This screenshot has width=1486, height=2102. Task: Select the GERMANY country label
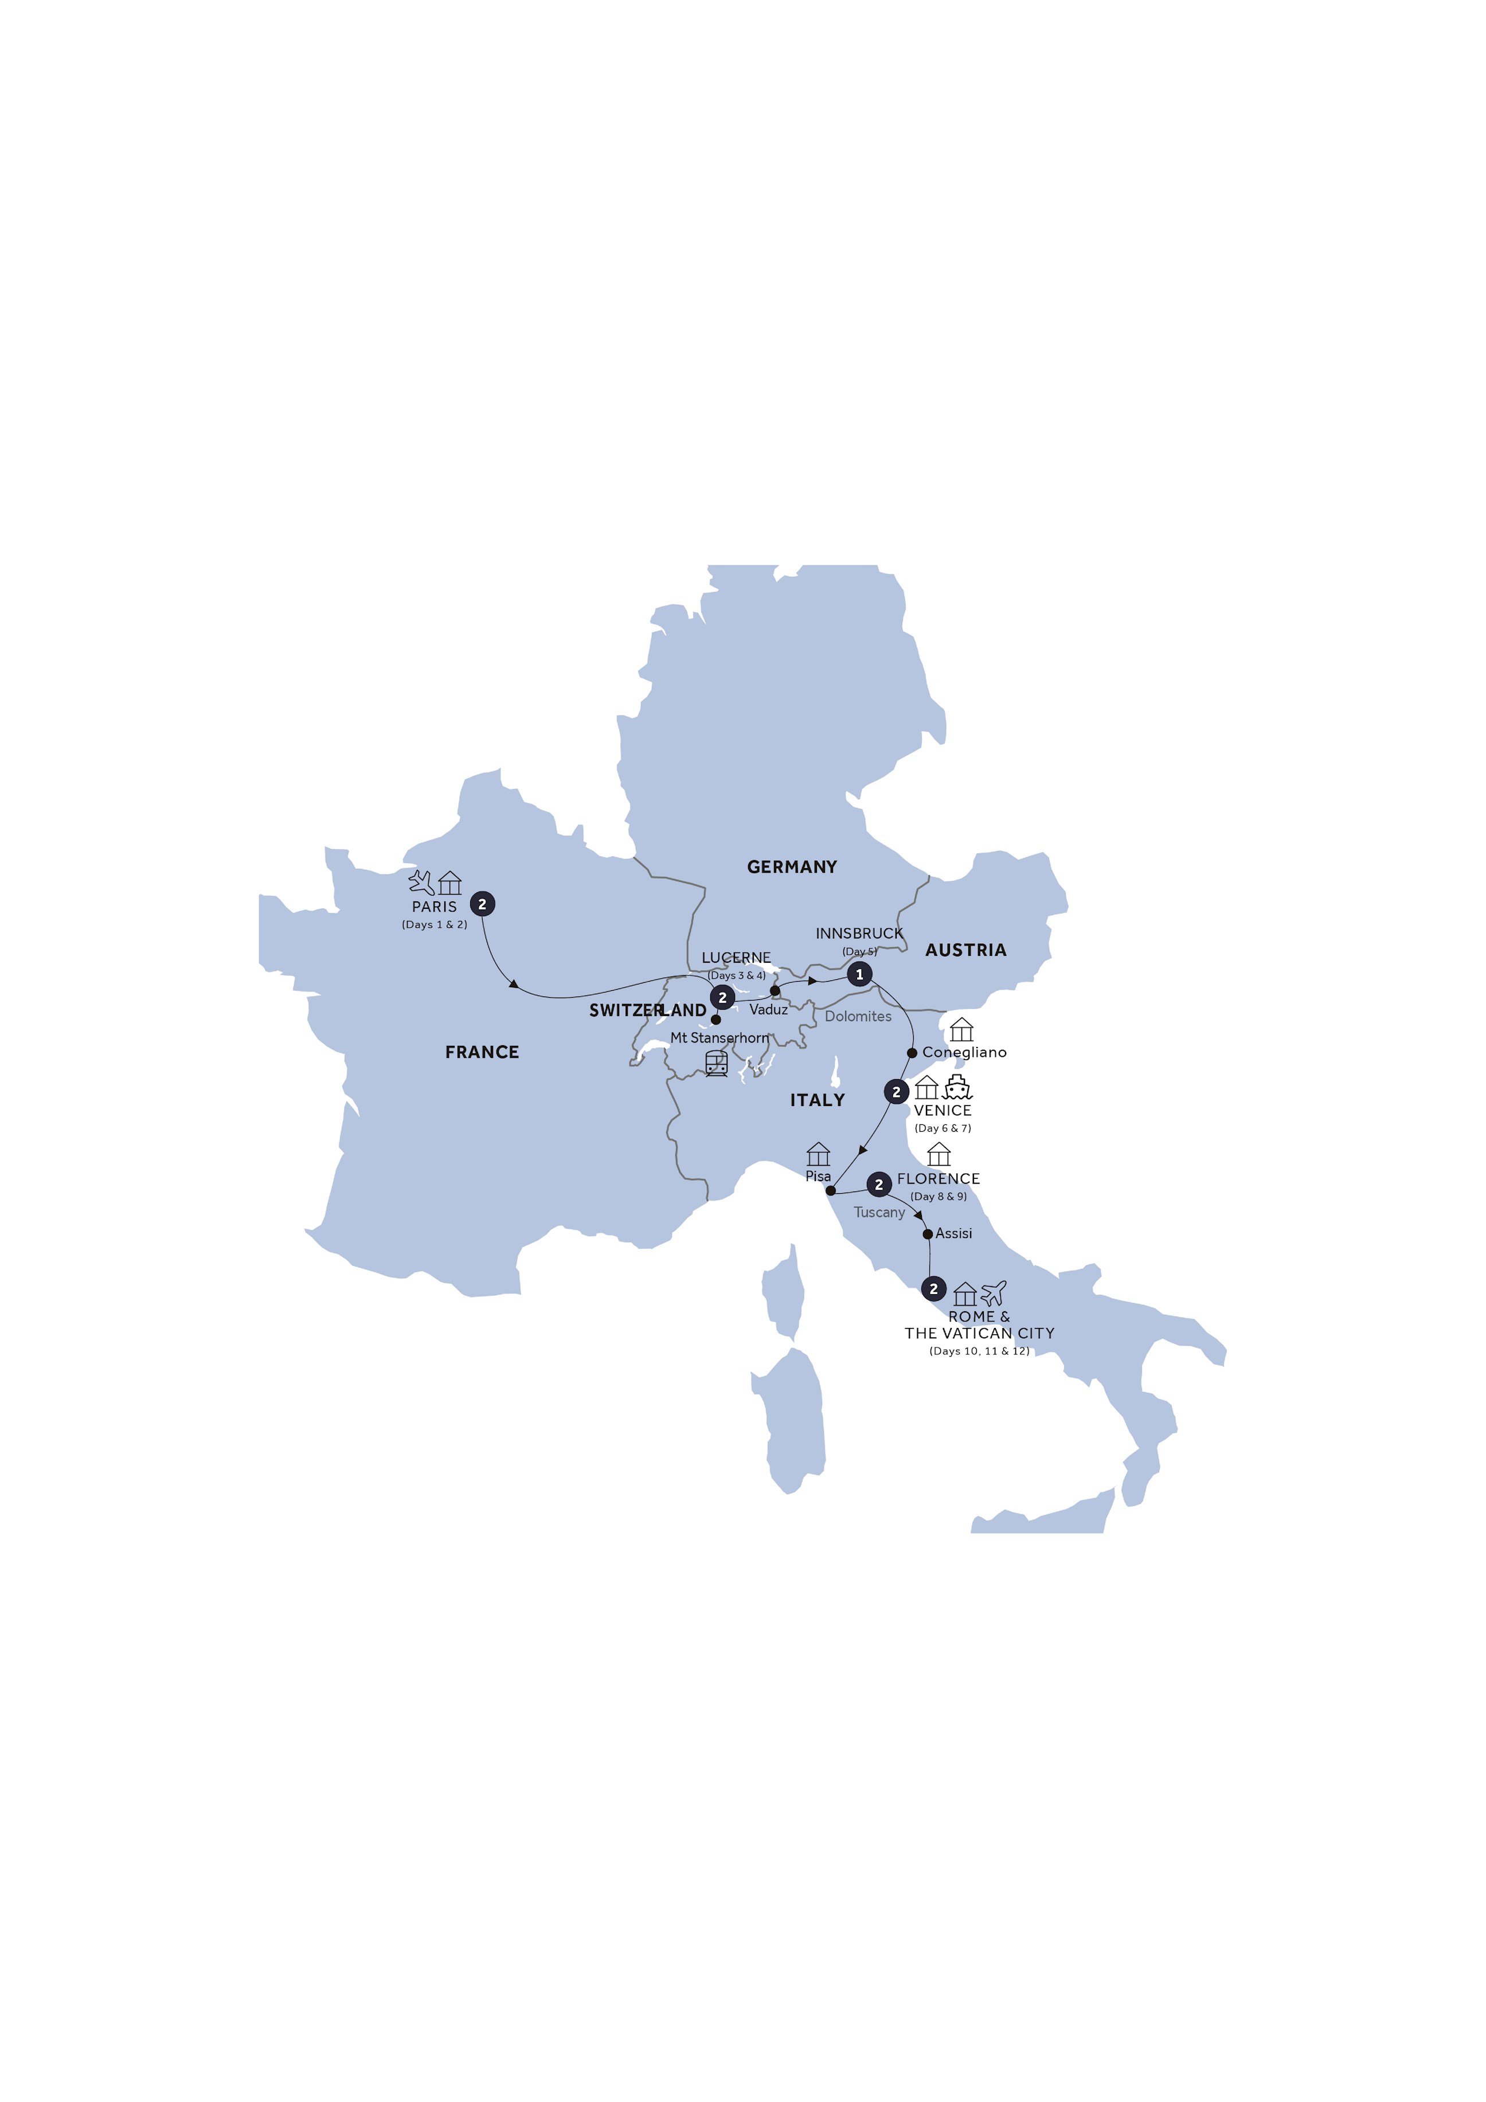792,867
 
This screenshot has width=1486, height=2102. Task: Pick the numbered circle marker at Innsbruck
859,974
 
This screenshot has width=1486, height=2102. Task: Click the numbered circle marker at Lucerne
722,998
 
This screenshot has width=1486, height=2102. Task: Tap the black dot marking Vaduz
776,991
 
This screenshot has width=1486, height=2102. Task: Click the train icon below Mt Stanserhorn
716,1063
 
